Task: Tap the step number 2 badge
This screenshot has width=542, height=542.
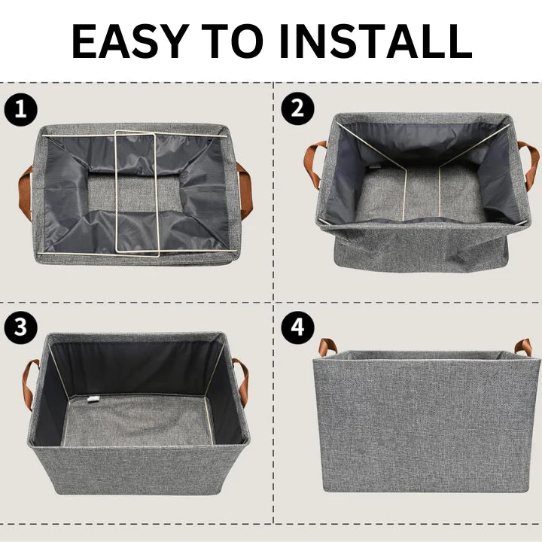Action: [x=297, y=110]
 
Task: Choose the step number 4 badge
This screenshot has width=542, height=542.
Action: [x=297, y=327]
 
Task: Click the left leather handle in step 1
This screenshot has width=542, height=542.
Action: [x=26, y=193]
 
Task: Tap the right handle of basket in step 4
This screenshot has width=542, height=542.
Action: [x=522, y=347]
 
